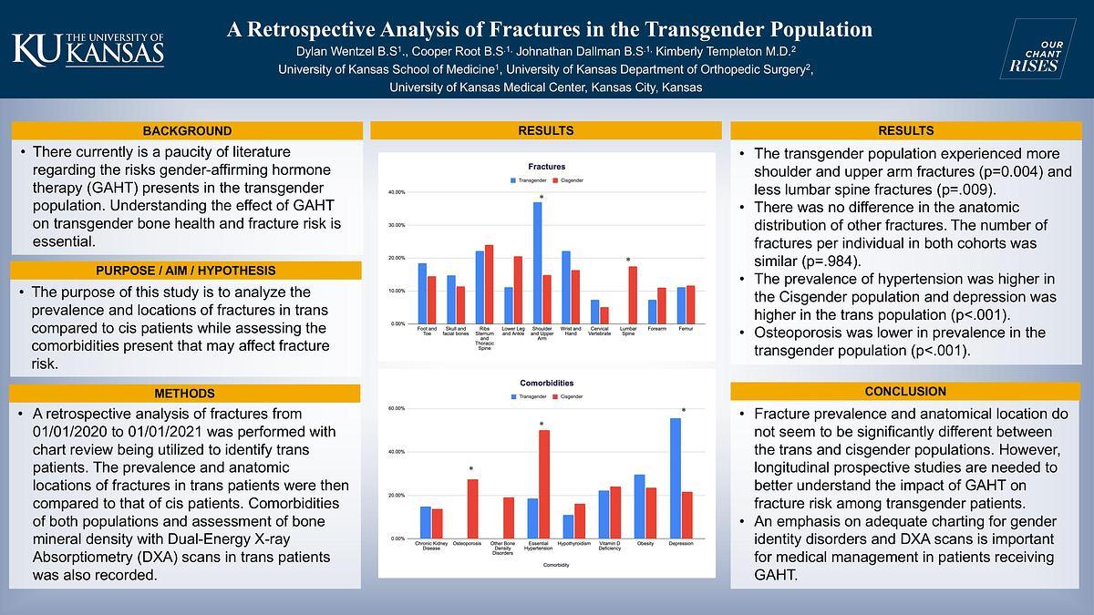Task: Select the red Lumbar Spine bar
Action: point(633,294)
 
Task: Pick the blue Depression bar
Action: point(676,478)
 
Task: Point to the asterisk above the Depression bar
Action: point(683,411)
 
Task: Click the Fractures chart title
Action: point(546,167)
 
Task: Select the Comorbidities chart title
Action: point(546,383)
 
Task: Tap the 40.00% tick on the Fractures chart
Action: point(397,192)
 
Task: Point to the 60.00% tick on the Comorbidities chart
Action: point(397,408)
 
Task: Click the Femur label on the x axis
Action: point(686,328)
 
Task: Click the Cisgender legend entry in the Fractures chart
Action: point(572,180)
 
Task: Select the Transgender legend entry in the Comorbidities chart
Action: point(530,396)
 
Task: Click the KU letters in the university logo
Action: point(35,49)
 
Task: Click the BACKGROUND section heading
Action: point(186,130)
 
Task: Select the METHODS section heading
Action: point(186,394)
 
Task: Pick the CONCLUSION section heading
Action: point(904,392)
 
